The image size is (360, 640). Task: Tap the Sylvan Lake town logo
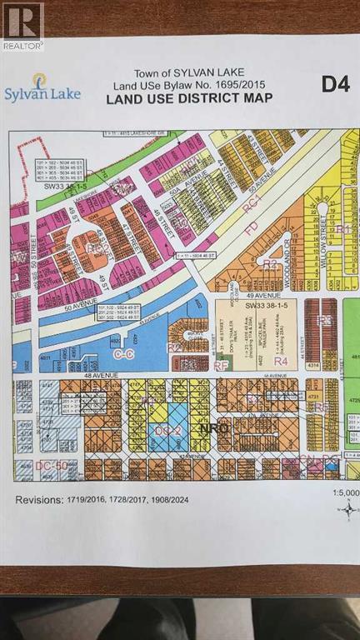(42, 87)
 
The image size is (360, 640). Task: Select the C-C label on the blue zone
(122, 353)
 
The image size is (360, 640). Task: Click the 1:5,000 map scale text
(344, 492)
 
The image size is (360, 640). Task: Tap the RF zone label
(220, 364)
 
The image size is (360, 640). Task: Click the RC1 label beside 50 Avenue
(252, 200)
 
